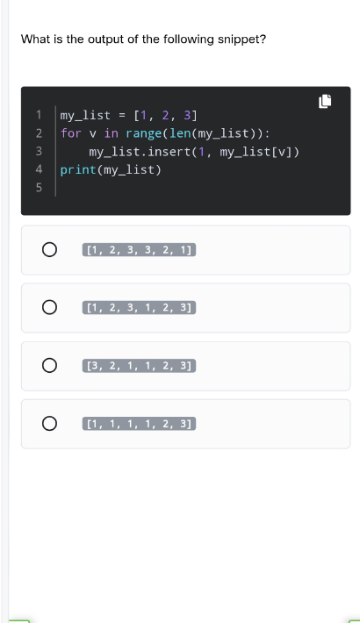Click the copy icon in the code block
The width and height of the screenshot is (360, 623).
click(325, 101)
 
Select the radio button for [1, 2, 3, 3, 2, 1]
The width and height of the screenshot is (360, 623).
click(49, 250)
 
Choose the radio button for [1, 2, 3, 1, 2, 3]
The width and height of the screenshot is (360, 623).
click(49, 307)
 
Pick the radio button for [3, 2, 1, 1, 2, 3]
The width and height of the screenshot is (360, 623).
click(49, 366)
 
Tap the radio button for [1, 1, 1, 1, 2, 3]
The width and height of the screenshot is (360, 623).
click(49, 424)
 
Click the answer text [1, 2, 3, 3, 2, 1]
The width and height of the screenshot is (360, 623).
click(140, 250)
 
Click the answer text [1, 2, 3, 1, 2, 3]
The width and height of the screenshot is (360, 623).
click(140, 307)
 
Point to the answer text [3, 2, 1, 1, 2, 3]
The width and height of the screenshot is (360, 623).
click(140, 366)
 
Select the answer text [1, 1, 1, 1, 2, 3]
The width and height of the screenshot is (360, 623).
click(140, 424)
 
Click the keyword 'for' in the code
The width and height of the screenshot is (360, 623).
click(71, 133)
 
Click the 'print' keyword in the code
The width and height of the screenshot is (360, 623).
click(78, 170)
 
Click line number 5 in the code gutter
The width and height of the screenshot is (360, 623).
click(39, 188)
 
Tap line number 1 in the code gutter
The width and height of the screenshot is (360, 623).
click(39, 115)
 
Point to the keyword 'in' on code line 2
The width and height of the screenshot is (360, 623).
click(111, 133)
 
